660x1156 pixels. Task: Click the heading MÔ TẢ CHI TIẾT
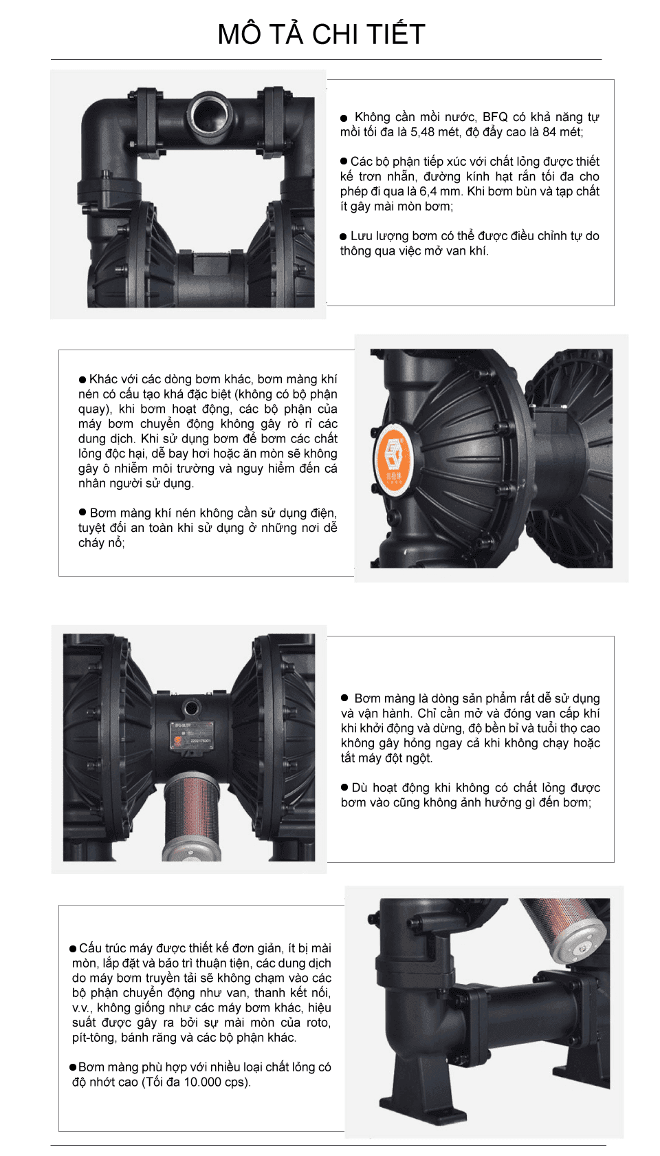pyautogui.click(x=321, y=34)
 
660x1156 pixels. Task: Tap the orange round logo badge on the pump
pyautogui.click(x=395, y=458)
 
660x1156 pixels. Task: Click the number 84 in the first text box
pyautogui.click(x=549, y=132)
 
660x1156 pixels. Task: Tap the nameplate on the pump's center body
pyautogui.click(x=191, y=736)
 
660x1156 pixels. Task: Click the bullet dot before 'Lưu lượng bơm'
pyautogui.click(x=344, y=237)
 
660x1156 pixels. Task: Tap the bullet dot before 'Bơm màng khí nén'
pyautogui.click(x=82, y=512)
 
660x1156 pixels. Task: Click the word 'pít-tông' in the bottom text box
pyautogui.click(x=93, y=1038)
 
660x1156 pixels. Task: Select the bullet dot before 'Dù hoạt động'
pyautogui.click(x=344, y=787)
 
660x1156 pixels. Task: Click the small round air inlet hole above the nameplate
pyautogui.click(x=191, y=705)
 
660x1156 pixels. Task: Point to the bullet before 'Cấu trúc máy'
pyautogui.click(x=73, y=948)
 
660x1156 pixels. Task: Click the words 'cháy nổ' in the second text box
pyautogui.click(x=101, y=543)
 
